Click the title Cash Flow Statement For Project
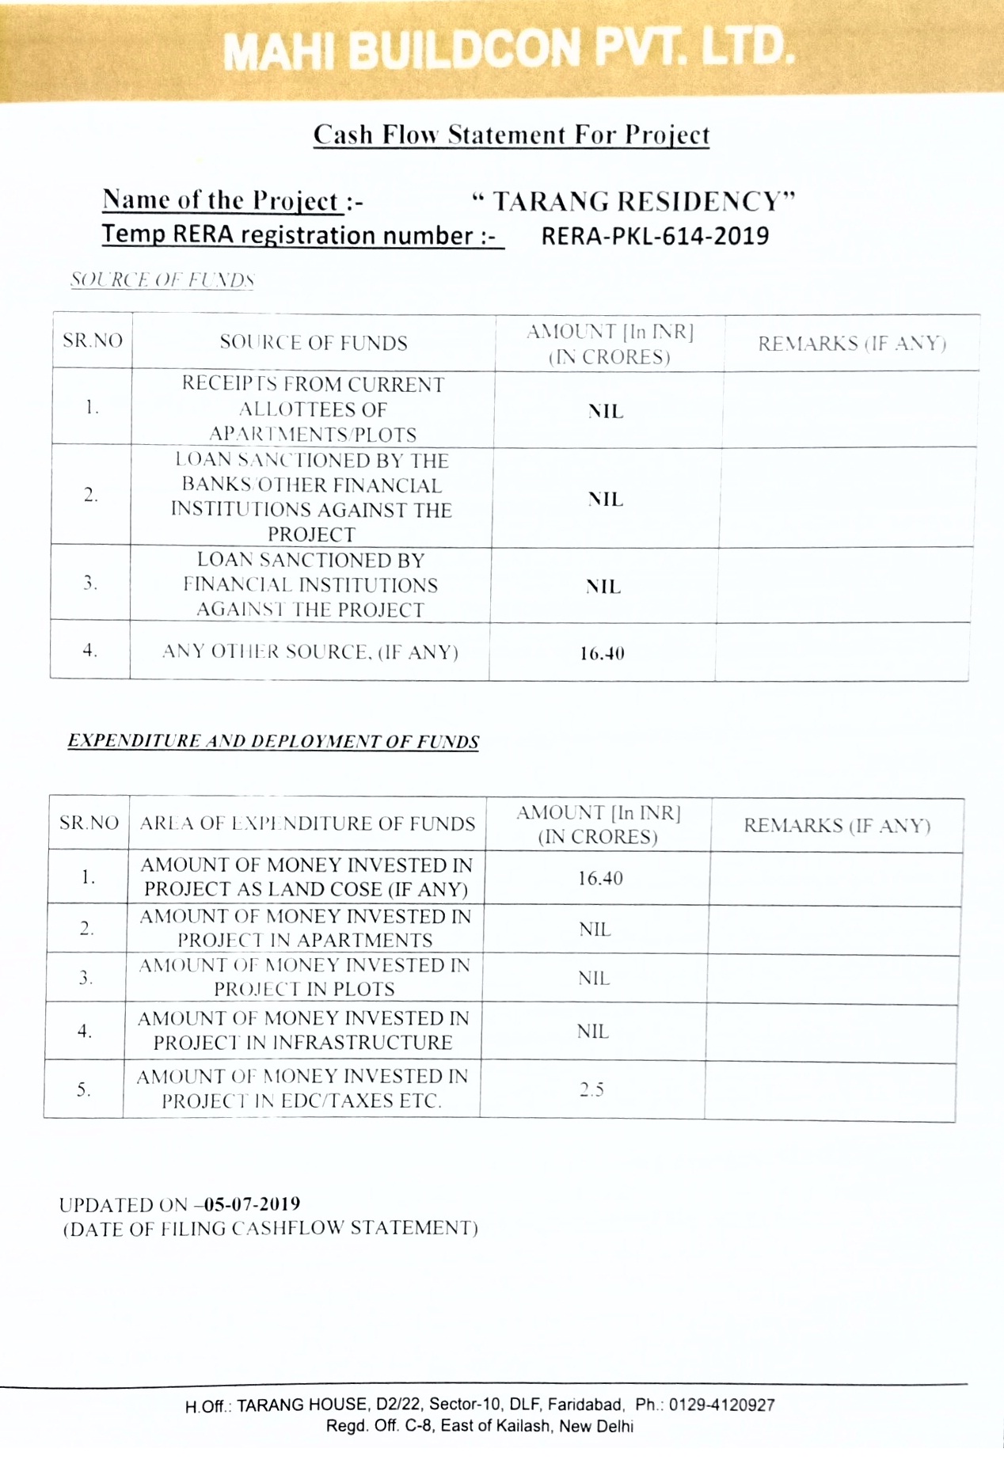point(512,135)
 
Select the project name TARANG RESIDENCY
point(633,202)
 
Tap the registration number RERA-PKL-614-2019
point(655,236)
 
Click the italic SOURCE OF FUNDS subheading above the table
point(162,280)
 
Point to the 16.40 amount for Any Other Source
point(602,654)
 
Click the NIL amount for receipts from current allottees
point(606,412)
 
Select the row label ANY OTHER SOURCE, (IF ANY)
point(310,652)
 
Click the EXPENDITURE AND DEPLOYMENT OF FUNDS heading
point(273,741)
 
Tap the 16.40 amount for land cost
point(600,878)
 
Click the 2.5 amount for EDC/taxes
point(591,1089)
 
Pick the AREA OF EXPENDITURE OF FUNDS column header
point(307,823)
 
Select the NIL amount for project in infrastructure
point(593,1032)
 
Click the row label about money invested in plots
point(304,977)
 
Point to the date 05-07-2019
point(253,1204)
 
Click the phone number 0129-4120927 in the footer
point(721,1405)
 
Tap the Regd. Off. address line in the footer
point(480,1426)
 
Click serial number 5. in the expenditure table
point(84,1089)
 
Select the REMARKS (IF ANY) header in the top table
point(852,344)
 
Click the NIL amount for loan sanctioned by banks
point(606,500)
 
